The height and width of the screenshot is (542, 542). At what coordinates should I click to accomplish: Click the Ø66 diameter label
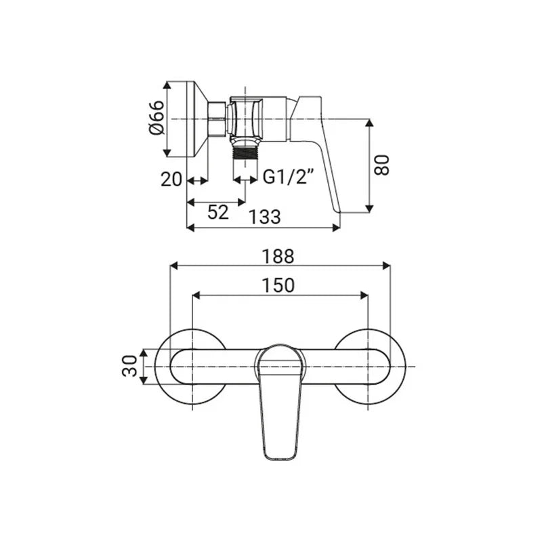157,117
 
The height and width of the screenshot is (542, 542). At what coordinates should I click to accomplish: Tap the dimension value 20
171,180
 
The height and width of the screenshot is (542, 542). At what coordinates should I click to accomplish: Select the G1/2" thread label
289,177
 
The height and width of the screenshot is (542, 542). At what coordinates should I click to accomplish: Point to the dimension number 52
218,212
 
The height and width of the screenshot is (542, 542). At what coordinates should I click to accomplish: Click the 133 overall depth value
265,217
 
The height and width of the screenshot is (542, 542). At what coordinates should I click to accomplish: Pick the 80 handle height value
382,165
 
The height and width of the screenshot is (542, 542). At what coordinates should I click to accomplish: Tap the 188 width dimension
278,256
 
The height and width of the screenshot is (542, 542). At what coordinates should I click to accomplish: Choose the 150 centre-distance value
278,285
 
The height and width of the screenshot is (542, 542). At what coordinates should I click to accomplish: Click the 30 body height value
130,366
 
